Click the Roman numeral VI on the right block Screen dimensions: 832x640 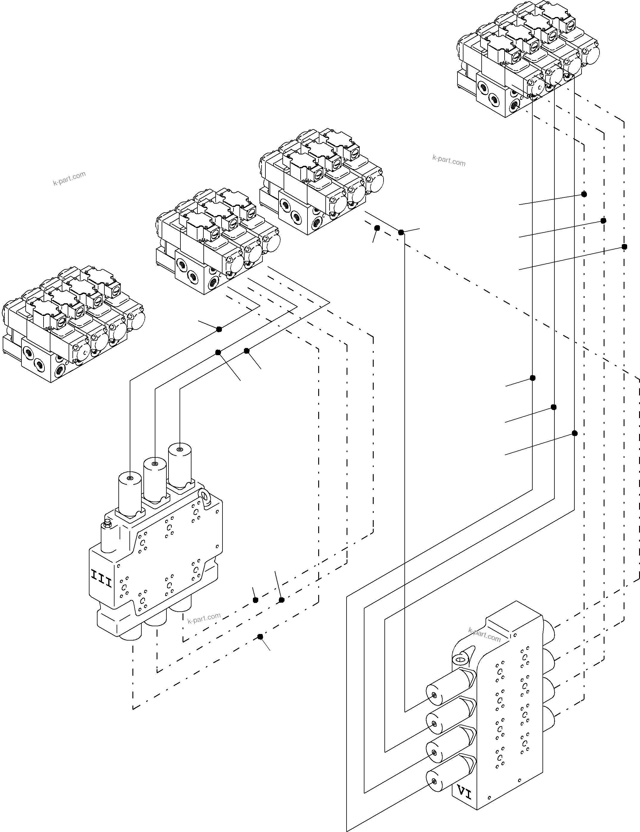click(464, 793)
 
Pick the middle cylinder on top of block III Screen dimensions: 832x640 click(155, 479)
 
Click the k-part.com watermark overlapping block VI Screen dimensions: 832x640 click(484, 635)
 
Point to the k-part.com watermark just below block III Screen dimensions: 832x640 click(204, 618)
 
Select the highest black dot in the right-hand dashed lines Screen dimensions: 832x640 click(584, 194)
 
